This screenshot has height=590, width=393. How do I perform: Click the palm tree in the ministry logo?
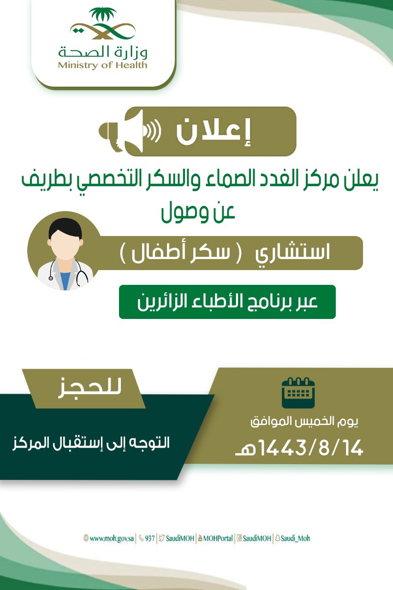click(x=102, y=15)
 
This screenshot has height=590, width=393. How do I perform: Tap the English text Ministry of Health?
click(x=102, y=65)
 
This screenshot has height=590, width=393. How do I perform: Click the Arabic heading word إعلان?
click(x=213, y=131)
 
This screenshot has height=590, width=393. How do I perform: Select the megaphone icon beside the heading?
click(x=130, y=131)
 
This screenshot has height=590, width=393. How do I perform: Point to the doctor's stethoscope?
click(x=69, y=273)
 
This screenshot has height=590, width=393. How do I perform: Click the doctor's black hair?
click(x=65, y=228)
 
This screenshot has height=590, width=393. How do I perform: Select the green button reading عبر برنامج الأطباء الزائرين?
click(x=227, y=302)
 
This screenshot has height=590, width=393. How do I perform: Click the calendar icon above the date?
click(x=298, y=393)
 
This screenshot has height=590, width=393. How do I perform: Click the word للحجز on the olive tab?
click(x=89, y=388)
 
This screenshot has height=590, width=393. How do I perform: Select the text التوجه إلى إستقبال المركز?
click(x=91, y=443)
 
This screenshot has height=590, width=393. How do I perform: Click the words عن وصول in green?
click(x=198, y=212)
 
